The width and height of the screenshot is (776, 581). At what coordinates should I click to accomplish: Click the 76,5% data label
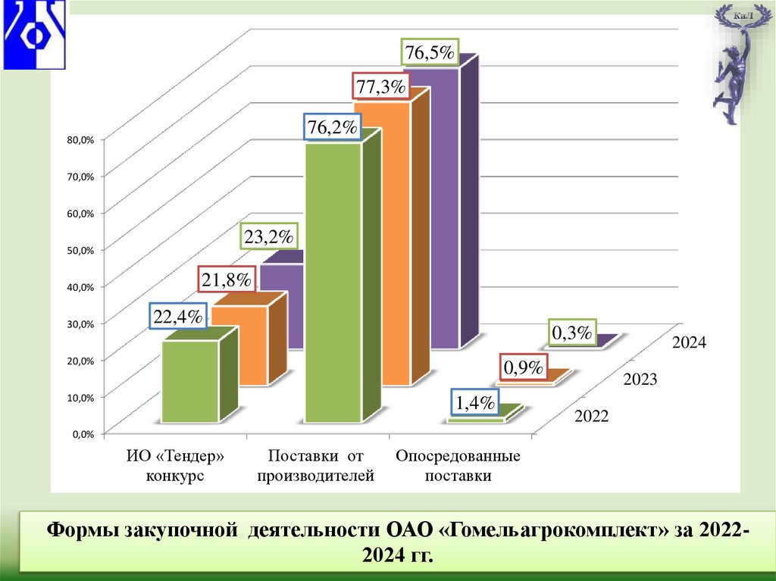click(x=428, y=54)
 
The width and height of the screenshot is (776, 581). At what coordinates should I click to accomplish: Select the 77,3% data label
click(x=380, y=87)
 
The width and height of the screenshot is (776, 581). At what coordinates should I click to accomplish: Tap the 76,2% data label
click(x=333, y=127)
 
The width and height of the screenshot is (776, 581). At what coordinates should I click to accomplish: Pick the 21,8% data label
click(x=226, y=280)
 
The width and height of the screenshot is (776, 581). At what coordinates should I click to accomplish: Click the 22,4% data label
click(x=178, y=317)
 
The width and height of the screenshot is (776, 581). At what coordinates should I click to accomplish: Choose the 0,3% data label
click(x=571, y=332)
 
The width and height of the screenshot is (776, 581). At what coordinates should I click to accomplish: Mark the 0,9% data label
click(x=524, y=367)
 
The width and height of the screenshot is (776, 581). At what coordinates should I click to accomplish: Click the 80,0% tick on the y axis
click(x=80, y=139)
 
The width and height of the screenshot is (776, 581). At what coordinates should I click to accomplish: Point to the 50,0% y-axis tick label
click(x=80, y=250)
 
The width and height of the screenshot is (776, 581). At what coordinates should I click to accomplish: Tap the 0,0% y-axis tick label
click(x=82, y=434)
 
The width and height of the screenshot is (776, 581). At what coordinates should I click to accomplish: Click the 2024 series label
click(x=688, y=343)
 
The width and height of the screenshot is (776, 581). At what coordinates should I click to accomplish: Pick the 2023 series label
click(x=640, y=380)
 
